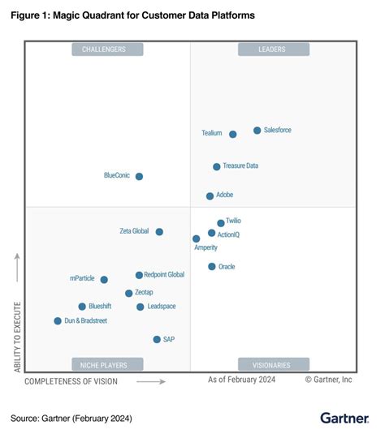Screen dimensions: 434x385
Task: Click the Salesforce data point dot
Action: [x=257, y=130]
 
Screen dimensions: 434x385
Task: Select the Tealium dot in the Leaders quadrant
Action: [x=232, y=134]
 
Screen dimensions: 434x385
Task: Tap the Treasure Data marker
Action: [x=216, y=166]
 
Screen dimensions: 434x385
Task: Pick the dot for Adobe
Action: [x=210, y=196]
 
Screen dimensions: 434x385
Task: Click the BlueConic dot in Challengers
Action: [x=139, y=176]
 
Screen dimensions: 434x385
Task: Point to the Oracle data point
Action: [x=211, y=266]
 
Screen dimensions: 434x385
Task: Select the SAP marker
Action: [x=157, y=339]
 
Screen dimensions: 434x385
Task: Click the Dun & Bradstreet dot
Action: [x=58, y=321]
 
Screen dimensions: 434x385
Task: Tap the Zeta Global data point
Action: [x=159, y=231]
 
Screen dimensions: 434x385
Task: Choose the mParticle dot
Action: [x=104, y=279]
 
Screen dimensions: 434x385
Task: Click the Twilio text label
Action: [x=233, y=221]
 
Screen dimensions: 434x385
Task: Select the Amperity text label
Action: [x=205, y=247]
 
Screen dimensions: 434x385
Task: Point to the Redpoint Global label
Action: [x=164, y=275]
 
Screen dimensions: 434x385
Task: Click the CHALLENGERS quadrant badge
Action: [x=107, y=49]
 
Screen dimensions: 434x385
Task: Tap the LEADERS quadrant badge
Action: [x=273, y=49]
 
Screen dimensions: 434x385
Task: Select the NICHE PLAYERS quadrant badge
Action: [x=107, y=364]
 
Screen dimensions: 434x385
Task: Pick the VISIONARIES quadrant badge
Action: [x=273, y=364]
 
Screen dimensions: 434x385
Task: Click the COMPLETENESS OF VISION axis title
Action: [x=71, y=380]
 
